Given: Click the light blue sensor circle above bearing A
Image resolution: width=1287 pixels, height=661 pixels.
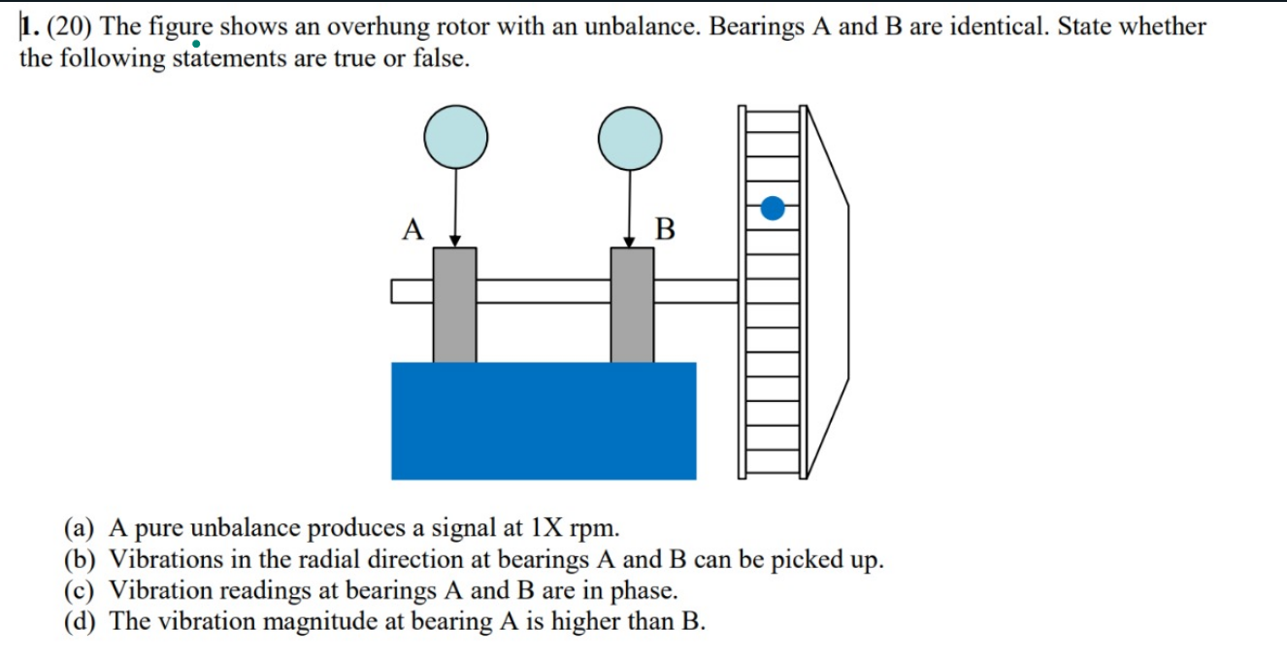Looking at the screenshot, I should (455, 137).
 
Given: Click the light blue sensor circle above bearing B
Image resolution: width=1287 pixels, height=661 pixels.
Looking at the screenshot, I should (630, 137).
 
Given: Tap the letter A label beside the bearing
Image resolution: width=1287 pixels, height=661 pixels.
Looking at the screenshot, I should (412, 230).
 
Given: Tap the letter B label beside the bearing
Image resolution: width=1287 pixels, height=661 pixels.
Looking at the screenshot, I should (665, 230).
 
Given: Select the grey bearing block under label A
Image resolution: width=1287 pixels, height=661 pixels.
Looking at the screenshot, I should (454, 305).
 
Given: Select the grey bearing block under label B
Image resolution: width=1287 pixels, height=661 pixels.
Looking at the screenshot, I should (632, 305).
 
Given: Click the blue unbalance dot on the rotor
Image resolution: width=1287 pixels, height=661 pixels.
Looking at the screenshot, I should (773, 208).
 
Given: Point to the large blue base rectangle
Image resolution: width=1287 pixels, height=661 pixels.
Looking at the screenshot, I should (544, 420).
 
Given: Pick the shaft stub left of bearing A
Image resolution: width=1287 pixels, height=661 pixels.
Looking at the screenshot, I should (412, 291).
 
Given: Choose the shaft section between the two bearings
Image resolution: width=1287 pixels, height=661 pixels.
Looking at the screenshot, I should (543, 291).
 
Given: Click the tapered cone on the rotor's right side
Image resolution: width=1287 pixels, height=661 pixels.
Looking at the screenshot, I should (828, 291).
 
